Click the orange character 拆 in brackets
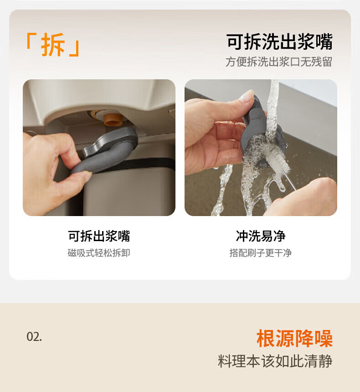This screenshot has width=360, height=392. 53,45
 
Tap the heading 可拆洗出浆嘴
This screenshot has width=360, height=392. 279,41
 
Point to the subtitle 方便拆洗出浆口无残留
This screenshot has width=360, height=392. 279,62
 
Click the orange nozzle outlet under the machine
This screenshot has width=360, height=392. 113,119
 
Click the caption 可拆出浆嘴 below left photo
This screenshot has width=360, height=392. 99,236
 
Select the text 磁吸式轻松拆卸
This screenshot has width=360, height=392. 99,253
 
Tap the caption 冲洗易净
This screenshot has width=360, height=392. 261,236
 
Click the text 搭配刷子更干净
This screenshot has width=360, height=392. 261,253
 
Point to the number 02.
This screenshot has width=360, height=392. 34,337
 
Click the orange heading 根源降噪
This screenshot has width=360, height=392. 294,338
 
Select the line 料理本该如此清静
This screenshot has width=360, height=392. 275,361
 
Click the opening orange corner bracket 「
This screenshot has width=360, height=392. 30,40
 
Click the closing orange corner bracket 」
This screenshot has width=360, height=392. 75,48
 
